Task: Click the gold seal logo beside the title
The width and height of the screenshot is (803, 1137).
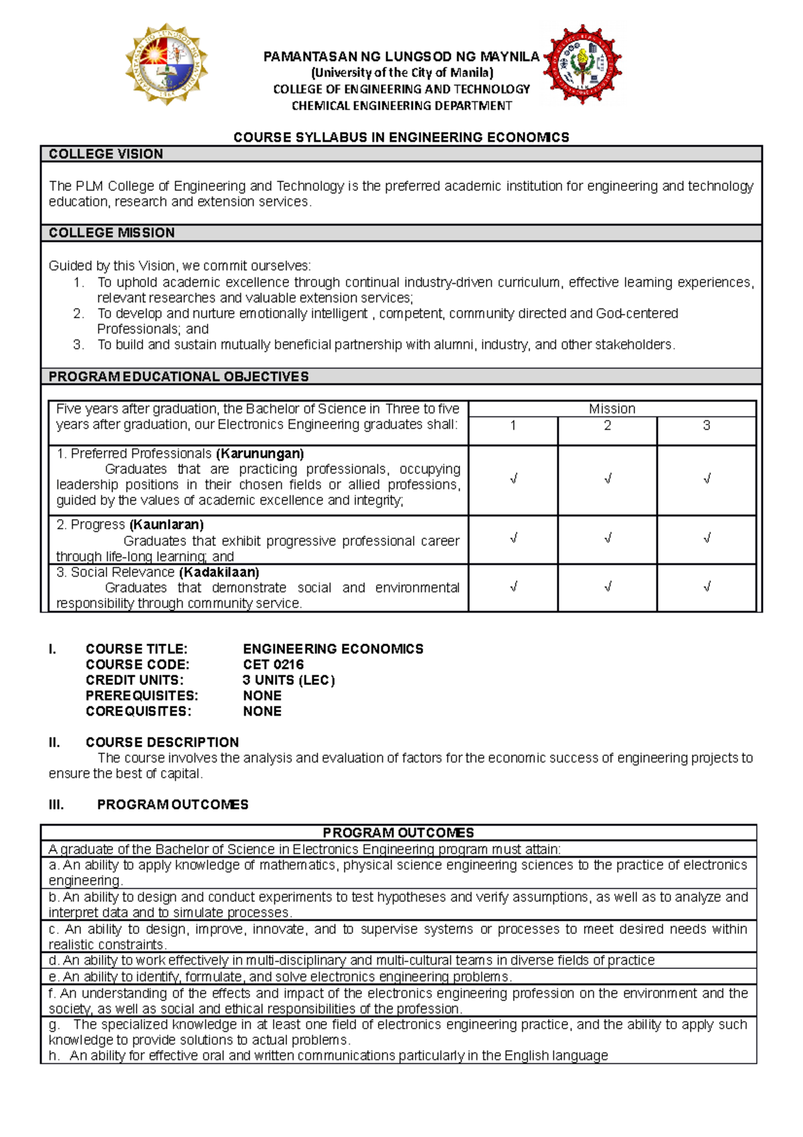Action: pyautogui.click(x=167, y=64)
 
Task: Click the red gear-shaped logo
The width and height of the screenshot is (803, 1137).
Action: pyautogui.click(x=583, y=64)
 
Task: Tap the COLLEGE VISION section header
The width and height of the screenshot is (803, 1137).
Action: pyautogui.click(x=106, y=154)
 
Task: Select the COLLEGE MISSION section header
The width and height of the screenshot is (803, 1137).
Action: pyautogui.click(x=112, y=233)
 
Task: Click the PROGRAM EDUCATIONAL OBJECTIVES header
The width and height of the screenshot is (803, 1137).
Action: pyautogui.click(x=179, y=377)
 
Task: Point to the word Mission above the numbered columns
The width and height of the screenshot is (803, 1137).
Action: pyautogui.click(x=612, y=408)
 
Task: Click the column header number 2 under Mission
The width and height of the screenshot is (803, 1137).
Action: pyautogui.click(x=607, y=426)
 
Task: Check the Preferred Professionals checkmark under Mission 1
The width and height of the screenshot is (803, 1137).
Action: pyautogui.click(x=513, y=479)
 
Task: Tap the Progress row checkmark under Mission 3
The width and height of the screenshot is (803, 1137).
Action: pyautogui.click(x=707, y=538)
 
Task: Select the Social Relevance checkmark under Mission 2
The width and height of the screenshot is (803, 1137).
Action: pyautogui.click(x=607, y=587)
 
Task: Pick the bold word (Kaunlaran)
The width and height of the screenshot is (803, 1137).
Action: pyautogui.click(x=167, y=524)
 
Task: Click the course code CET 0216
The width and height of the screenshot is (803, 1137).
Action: pyautogui.click(x=273, y=664)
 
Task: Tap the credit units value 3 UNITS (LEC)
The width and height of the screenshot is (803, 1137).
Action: pyautogui.click(x=288, y=680)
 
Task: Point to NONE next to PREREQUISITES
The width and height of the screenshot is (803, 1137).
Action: pyautogui.click(x=262, y=696)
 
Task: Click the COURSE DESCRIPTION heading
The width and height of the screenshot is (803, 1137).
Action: pyautogui.click(x=162, y=742)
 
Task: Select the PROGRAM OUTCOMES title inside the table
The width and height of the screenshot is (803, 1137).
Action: pyautogui.click(x=398, y=832)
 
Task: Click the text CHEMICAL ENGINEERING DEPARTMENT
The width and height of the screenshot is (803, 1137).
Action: pyautogui.click(x=401, y=106)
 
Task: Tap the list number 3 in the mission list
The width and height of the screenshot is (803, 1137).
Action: pyautogui.click(x=78, y=345)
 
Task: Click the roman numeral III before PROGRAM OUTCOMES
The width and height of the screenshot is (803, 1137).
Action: pyautogui.click(x=56, y=805)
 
